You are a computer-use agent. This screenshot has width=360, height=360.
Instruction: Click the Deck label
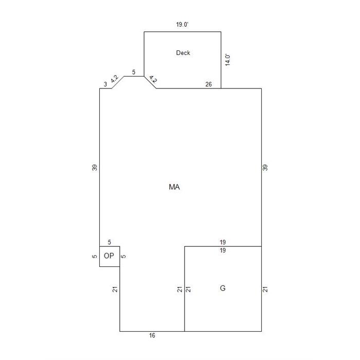pyautogui.click(x=183, y=53)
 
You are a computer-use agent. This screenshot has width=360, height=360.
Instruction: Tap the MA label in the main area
pyautogui.click(x=174, y=187)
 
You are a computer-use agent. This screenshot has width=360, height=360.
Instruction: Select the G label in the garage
pyautogui.click(x=223, y=288)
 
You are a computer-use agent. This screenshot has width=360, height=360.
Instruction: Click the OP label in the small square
pyautogui.click(x=109, y=256)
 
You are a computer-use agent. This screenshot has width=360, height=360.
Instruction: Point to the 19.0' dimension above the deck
pyautogui.click(x=182, y=24)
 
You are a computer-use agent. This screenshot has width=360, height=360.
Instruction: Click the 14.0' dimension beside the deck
pyautogui.click(x=227, y=60)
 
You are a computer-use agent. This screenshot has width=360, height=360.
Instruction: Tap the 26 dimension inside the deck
pyautogui.click(x=208, y=84)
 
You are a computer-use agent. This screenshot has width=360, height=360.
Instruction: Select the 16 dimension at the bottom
pyautogui.click(x=152, y=335)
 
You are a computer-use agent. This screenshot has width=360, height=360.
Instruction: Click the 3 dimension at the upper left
pyautogui.click(x=105, y=84)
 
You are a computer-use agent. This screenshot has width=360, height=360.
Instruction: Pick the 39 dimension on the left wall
pyautogui.click(x=95, y=168)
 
